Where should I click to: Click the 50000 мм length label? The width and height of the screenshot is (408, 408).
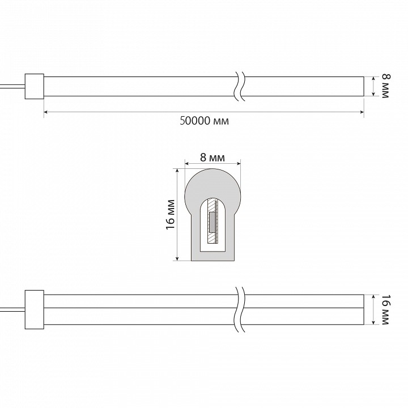[x=204, y=121]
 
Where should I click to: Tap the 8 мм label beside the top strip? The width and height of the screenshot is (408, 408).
[x=386, y=86]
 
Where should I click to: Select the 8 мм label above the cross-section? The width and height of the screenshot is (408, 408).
[x=212, y=157]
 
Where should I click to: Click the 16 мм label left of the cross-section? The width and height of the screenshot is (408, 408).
[x=171, y=215]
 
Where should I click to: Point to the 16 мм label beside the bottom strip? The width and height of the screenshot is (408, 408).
[x=386, y=309]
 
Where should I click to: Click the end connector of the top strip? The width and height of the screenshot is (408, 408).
[x=35, y=86]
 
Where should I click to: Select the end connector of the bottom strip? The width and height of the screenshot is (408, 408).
[x=35, y=309]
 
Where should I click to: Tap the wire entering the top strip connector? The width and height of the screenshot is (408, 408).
[x=12, y=86]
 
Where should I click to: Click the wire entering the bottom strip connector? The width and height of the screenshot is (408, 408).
[x=12, y=309]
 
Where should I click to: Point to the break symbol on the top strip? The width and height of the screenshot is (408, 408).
[x=239, y=86]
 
